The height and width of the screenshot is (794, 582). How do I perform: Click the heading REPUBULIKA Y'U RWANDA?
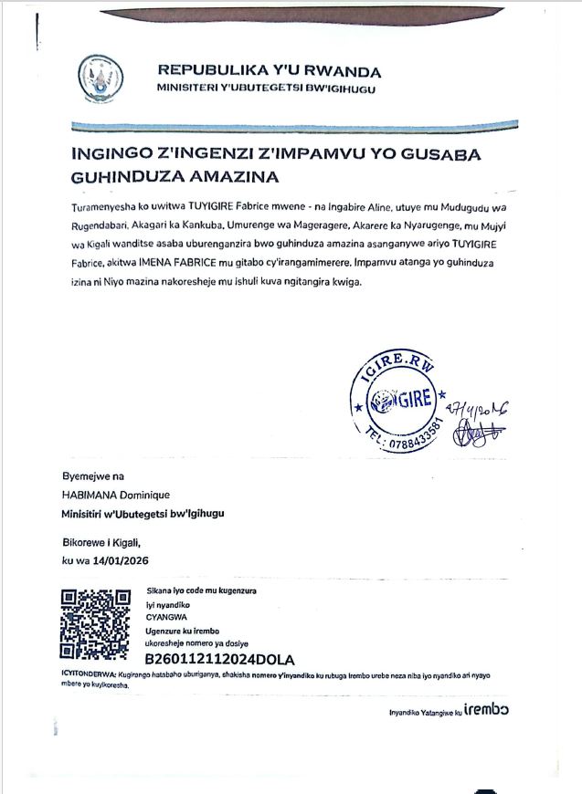(x=270, y=70)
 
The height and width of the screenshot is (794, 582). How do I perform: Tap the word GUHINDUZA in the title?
(x=122, y=174)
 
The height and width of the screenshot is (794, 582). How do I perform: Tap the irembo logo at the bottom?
(x=486, y=709)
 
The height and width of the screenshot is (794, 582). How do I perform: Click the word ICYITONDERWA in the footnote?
(x=88, y=673)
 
